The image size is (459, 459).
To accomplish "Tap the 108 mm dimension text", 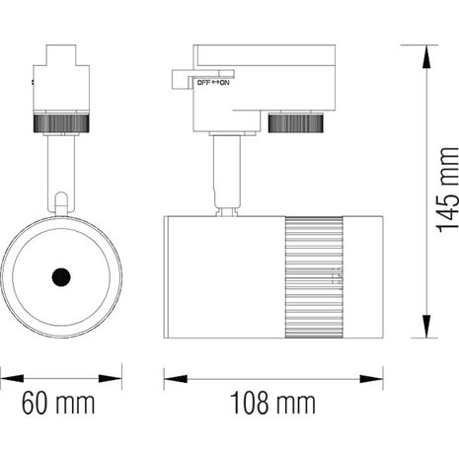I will [273, 403].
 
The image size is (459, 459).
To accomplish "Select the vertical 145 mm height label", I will [447, 191].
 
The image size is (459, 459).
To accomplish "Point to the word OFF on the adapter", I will [203, 83].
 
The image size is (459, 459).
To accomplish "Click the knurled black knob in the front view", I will [60, 123].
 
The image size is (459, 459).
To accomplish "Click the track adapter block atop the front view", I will [60, 79].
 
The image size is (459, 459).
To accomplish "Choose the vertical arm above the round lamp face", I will [60, 173].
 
